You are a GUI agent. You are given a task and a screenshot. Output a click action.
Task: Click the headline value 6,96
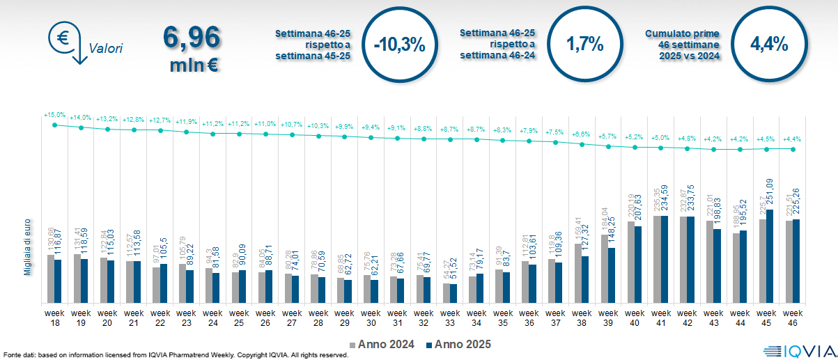point(192,37)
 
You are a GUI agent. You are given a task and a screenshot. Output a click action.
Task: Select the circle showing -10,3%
point(399,45)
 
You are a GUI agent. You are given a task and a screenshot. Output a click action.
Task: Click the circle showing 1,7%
point(584,45)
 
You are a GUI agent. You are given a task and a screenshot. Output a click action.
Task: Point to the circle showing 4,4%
point(769,45)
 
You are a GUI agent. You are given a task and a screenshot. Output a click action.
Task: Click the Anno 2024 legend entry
point(380,344)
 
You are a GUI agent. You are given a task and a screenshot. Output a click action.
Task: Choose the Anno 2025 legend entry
point(458,344)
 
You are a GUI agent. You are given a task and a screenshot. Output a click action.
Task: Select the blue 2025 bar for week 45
point(770,256)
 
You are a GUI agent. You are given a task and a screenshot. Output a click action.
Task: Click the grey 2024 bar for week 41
point(658,259)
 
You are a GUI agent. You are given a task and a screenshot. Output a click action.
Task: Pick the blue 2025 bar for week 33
point(453,293)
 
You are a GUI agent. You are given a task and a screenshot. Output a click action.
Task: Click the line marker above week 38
point(582,145)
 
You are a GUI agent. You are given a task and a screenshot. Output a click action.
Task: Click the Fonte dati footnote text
point(174,355)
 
